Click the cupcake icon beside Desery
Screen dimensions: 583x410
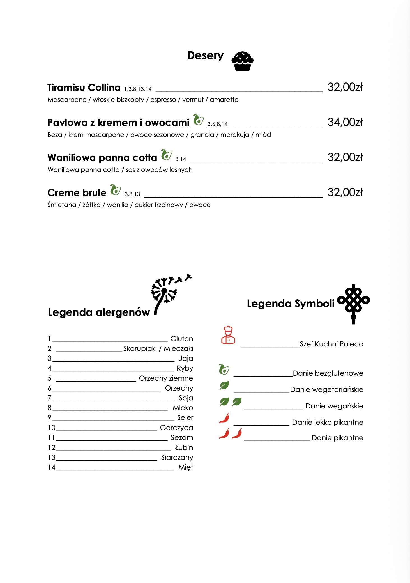coord(242,61)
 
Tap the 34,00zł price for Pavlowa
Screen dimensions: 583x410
coord(345,122)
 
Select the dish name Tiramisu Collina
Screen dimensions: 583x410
coord(84,88)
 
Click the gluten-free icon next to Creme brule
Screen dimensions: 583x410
coord(115,190)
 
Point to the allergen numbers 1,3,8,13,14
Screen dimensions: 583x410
coord(138,89)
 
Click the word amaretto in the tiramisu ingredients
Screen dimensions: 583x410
coord(224,100)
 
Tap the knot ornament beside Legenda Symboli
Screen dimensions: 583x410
coord(353,304)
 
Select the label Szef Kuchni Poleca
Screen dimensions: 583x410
coord(331,344)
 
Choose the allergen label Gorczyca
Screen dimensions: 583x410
coord(176,428)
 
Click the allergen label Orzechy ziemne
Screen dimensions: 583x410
coord(166,378)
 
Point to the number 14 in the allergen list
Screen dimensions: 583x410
coord(52,467)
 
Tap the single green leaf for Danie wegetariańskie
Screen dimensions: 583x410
coord(224,386)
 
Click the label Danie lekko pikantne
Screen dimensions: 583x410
coord(328,422)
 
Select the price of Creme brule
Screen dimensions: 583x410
coord(345,192)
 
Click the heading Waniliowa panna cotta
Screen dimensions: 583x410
coord(102,158)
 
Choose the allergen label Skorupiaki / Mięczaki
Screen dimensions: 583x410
coord(158,348)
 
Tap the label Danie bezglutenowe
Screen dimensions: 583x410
coord(328,373)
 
